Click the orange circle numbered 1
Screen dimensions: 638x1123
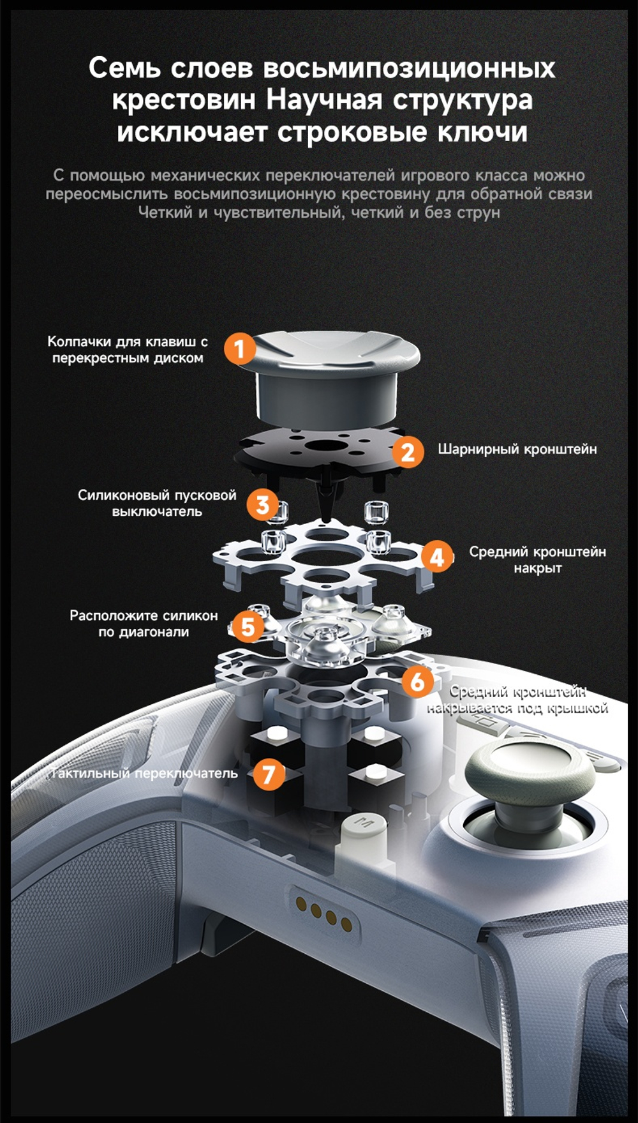point(240,349)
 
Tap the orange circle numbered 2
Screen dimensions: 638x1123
point(408,451)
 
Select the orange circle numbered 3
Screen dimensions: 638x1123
point(262,504)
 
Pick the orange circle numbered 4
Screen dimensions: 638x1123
point(437,556)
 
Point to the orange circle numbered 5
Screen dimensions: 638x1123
point(248,626)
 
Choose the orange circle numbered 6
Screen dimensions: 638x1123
point(418,681)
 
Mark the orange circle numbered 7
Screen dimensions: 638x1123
point(269,774)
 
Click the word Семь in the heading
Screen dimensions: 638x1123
point(124,68)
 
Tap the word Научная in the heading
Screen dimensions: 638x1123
point(323,100)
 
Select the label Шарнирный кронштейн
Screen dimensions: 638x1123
point(517,449)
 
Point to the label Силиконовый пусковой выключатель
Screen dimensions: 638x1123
point(157,503)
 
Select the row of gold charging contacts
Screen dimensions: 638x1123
point(323,914)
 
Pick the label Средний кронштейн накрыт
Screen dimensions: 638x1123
point(538,560)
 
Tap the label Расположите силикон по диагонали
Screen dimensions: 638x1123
point(144,624)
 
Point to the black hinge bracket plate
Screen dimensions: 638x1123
point(319,451)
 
